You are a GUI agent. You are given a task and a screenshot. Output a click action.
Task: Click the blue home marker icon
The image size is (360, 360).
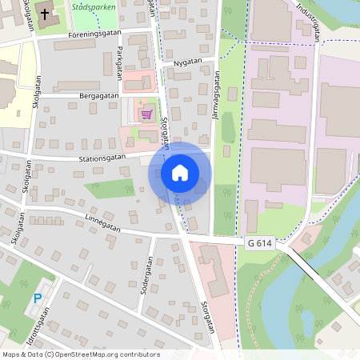coord(180,173)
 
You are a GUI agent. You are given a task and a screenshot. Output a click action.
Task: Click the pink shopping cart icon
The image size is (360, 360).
coord(146,114)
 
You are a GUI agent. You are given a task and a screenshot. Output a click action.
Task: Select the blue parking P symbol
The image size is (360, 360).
coord(37,298)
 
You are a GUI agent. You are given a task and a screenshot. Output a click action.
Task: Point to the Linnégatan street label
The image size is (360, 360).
coord(102,223)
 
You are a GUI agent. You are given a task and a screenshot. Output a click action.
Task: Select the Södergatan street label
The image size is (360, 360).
coord(146,277)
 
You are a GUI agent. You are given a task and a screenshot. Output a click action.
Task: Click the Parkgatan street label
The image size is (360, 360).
coord(120,59)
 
